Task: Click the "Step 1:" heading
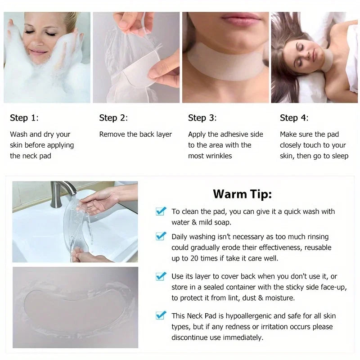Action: coord(24,118)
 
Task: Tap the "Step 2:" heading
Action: coord(113,118)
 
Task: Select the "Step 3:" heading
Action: coord(202,118)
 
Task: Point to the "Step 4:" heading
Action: coord(294,118)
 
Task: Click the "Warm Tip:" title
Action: coord(242,194)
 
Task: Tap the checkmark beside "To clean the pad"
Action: coord(161,211)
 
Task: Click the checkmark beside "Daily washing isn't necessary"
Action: coord(161,236)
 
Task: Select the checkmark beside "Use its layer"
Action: coord(161,276)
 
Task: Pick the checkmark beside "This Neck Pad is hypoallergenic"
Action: coord(161,315)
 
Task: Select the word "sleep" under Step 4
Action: coord(339,156)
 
